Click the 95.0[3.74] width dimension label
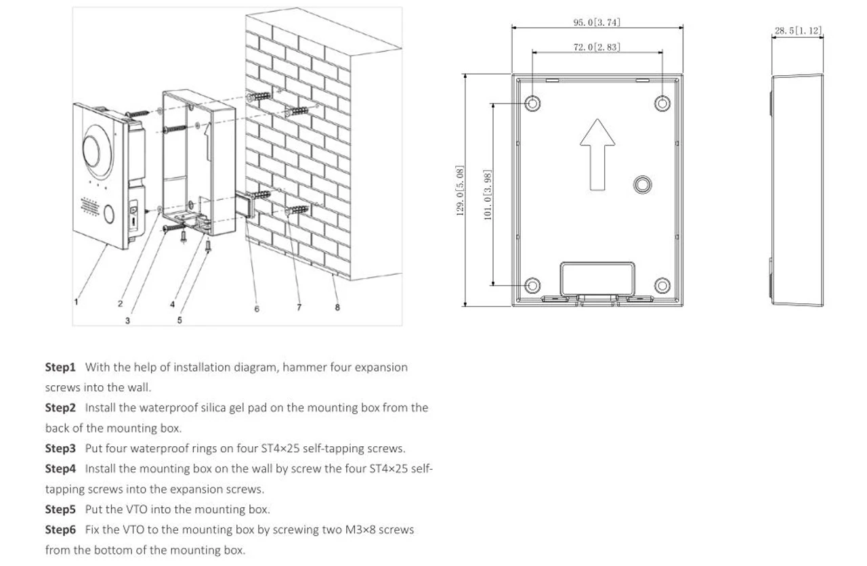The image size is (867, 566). click(x=596, y=22)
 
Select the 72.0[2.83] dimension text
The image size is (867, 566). click(x=596, y=47)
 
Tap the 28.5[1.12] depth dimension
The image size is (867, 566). click(x=798, y=30)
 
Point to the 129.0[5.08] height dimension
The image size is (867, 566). click(x=460, y=191)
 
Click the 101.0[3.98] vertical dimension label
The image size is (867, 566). click(x=487, y=194)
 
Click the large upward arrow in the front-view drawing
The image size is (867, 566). click(x=597, y=154)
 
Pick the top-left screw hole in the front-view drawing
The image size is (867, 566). click(x=533, y=103)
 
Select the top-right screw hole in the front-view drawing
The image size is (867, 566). click(x=662, y=103)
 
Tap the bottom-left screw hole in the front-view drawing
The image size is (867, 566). click(x=533, y=285)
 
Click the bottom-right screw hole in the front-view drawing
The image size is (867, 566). click(x=662, y=285)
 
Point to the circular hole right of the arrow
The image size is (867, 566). click(x=642, y=184)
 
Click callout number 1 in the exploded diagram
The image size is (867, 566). click(x=76, y=302)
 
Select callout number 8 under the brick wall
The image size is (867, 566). click(x=337, y=307)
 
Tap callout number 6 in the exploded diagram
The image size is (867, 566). click(x=257, y=309)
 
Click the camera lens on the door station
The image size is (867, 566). click(x=93, y=150)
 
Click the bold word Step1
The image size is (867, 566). click(x=60, y=368)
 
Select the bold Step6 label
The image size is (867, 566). click(x=60, y=529)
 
